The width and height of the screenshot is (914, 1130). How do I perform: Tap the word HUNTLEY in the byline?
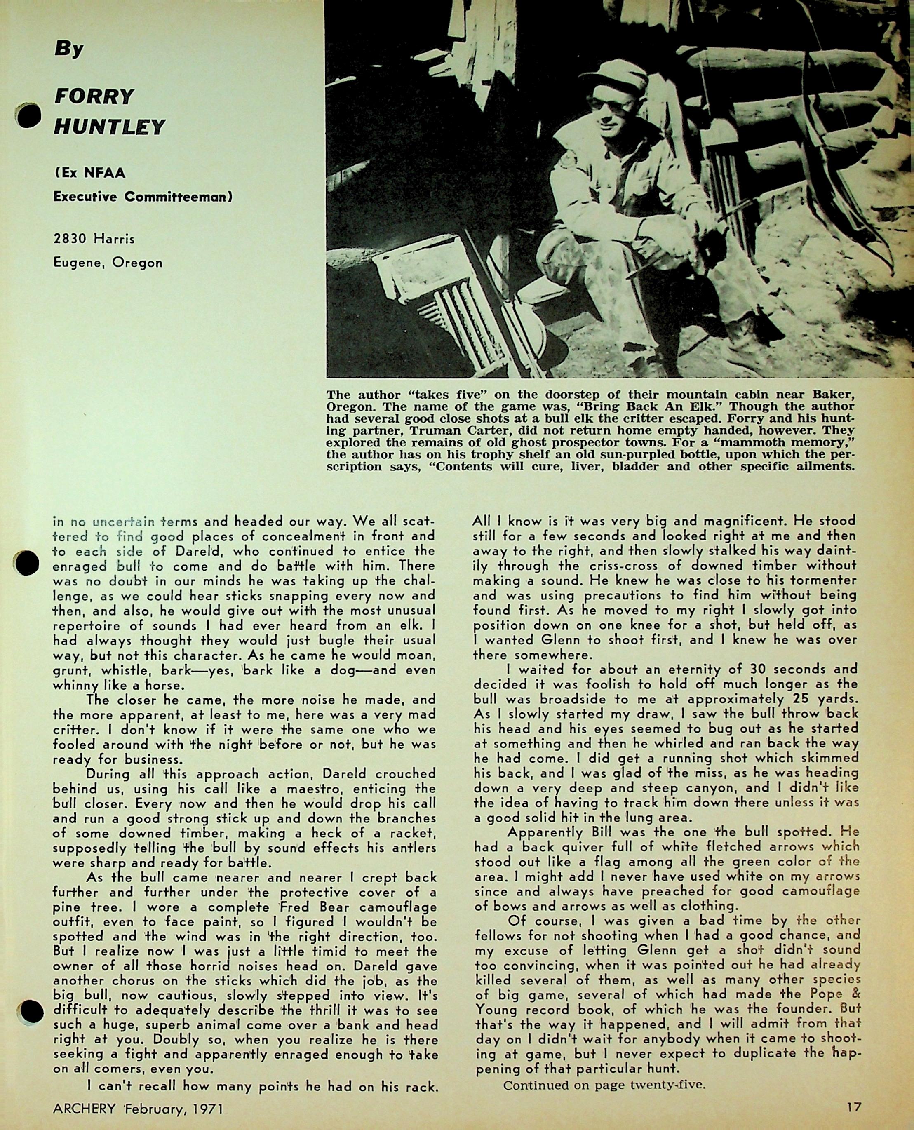[x=110, y=127]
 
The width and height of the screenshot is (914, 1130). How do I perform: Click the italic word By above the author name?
[x=69, y=49]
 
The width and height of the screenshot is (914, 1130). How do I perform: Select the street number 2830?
[x=70, y=239]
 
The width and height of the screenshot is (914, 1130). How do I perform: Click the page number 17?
[x=853, y=1107]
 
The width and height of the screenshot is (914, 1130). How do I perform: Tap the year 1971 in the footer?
[x=207, y=1109]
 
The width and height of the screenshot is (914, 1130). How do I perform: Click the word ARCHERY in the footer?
[x=84, y=1109]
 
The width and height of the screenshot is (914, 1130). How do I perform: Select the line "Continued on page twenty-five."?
[x=604, y=1085]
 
